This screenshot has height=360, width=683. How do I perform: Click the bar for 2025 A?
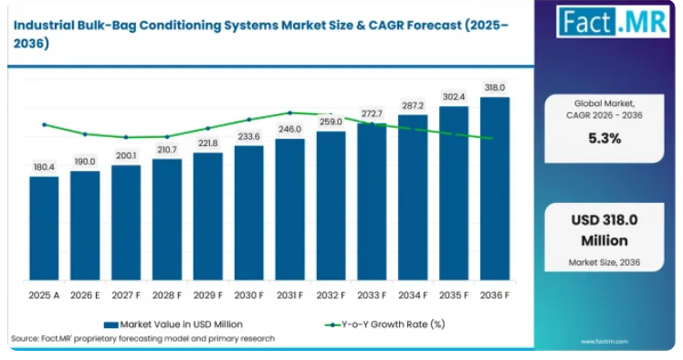(44, 228)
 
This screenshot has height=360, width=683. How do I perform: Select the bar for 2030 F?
(248, 213)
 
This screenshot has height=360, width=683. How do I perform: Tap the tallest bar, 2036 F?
(495, 188)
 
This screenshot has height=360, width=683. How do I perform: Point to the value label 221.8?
(208, 143)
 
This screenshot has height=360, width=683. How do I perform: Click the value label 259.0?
(331, 122)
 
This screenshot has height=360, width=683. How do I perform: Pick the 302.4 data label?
(454, 97)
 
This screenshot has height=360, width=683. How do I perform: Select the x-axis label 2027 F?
(126, 295)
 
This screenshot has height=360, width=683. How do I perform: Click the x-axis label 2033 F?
(372, 295)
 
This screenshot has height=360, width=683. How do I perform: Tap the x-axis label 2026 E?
(85, 295)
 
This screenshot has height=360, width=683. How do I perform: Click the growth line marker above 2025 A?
(44, 124)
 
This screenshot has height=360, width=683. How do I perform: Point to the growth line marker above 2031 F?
(290, 113)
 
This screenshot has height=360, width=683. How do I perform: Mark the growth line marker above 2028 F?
(167, 137)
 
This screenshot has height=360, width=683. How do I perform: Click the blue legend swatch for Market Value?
(111, 324)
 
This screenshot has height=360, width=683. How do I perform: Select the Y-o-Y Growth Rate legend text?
(394, 324)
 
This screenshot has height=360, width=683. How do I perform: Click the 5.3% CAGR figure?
(604, 139)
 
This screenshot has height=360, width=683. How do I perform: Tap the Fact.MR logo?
(613, 21)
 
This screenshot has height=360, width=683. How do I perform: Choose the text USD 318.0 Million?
(604, 230)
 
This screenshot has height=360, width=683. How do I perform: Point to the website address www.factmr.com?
(604, 342)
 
